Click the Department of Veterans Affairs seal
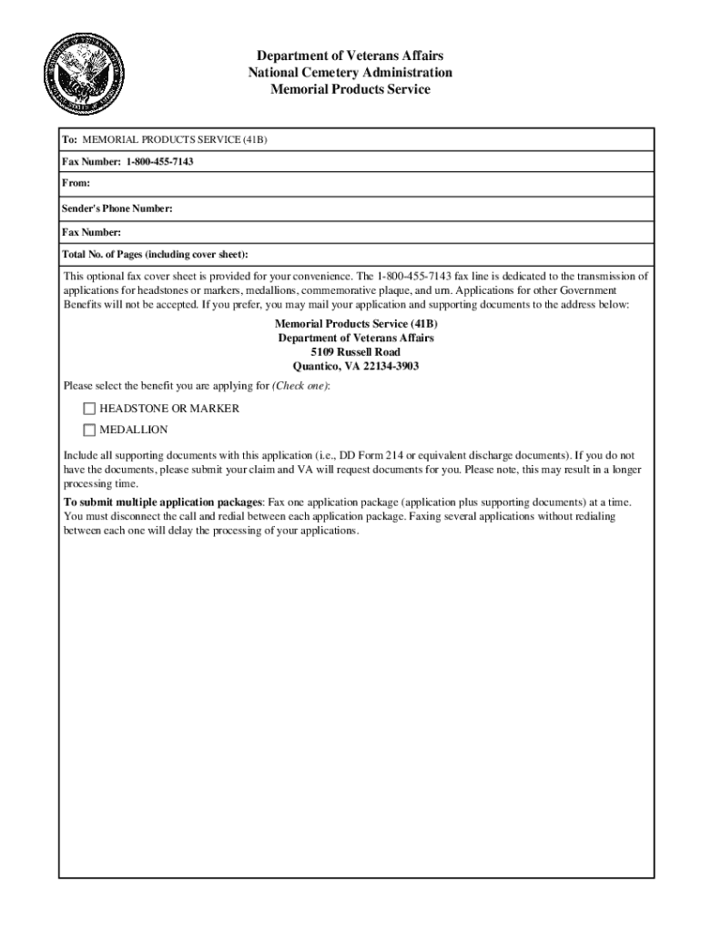86,71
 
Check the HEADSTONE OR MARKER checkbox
89,409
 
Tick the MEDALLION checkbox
89,430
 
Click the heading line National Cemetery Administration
350,73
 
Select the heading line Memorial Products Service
350,89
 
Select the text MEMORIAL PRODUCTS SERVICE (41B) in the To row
175,140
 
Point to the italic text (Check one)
300,387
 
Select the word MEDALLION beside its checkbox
134,430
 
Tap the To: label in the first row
70,140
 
